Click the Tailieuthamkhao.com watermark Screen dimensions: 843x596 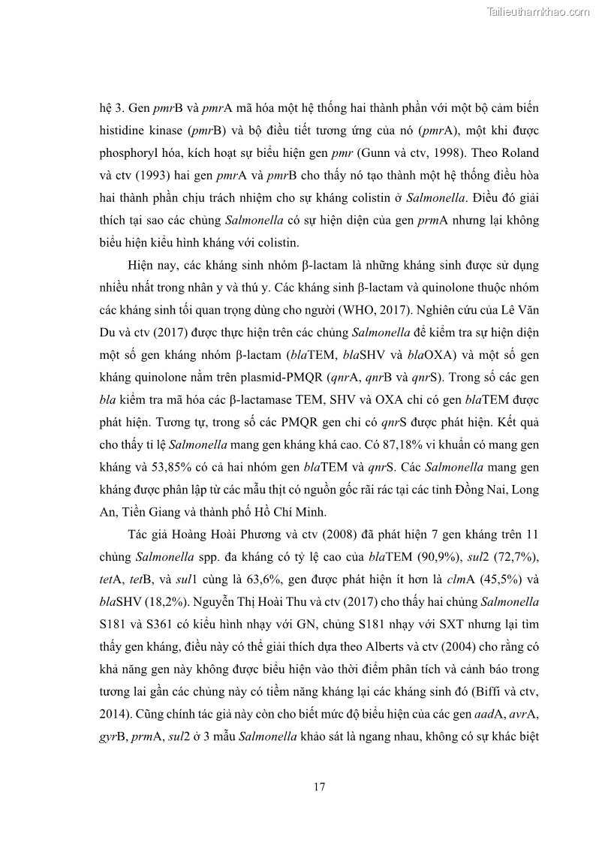click(x=538, y=11)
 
